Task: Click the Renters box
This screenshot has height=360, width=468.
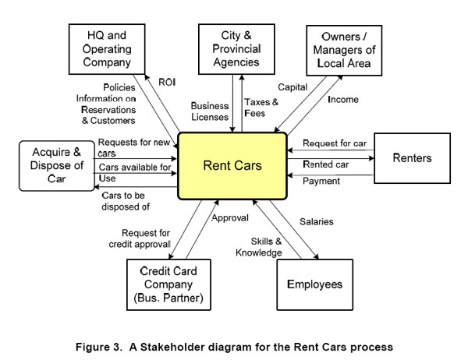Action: coord(412,158)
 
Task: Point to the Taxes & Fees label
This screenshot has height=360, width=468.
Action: coord(259,108)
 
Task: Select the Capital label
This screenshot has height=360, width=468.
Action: coord(292,88)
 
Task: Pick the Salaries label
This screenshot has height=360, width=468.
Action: coord(317,222)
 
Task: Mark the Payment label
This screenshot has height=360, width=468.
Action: coord(321,182)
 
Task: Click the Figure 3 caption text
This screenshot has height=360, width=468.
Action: coord(234,342)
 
